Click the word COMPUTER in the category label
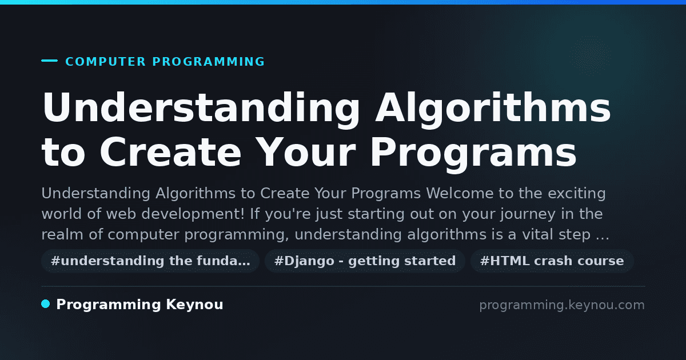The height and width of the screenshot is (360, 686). tap(105, 62)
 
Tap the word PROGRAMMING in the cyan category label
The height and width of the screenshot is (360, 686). tap(209, 62)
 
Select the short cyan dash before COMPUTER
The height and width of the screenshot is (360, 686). tap(49, 61)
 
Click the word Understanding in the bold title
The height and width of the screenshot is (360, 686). tap(201, 108)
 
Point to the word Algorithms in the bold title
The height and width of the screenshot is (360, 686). tap(493, 108)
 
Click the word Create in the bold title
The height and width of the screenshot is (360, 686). tap(170, 152)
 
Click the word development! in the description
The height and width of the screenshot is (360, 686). tap(190, 214)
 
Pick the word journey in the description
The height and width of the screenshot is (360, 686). tap(528, 214)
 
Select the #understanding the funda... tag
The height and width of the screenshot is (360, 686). tap(150, 261)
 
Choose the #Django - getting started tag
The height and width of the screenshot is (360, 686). tap(365, 261)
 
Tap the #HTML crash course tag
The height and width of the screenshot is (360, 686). tap(552, 261)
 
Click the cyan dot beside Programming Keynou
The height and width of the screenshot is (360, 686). tap(46, 304)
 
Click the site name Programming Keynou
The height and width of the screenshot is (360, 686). tap(139, 305)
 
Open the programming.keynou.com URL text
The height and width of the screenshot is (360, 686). tap(561, 305)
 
